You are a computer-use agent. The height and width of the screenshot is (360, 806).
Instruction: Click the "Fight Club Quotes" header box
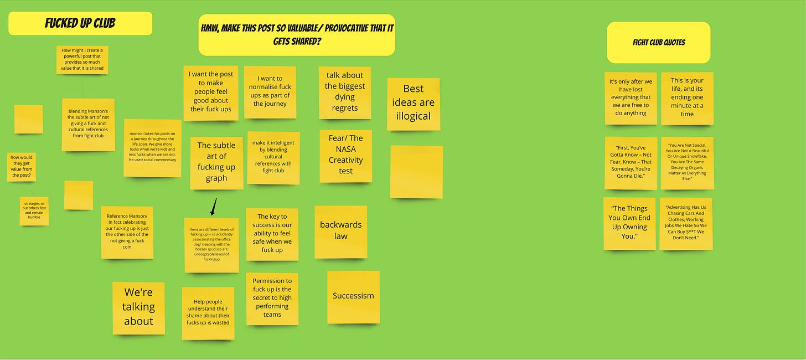point(658,42)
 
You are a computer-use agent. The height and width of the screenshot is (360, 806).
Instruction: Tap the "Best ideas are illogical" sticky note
point(414,104)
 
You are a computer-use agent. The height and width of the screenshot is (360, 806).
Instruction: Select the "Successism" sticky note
point(353,296)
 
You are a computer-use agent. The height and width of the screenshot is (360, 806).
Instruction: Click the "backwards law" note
point(340,232)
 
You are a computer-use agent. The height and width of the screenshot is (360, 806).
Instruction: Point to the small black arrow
point(214,207)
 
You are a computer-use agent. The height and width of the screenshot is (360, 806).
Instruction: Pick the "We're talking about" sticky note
point(138,307)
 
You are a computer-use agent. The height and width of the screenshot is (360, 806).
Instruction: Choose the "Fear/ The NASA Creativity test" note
point(345,156)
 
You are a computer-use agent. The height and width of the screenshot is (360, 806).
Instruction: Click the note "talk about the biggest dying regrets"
point(345,92)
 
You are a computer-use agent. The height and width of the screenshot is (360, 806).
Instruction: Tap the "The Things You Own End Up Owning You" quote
point(629,223)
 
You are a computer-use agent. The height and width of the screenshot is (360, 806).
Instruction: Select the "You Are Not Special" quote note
point(687,163)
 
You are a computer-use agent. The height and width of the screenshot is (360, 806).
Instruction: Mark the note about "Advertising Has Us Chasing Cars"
point(685,223)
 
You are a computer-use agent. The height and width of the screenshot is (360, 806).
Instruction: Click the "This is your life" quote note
point(687,98)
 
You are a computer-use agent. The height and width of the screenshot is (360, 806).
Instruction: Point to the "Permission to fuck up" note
point(272,298)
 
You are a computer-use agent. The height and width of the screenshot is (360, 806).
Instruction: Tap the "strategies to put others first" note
point(34,210)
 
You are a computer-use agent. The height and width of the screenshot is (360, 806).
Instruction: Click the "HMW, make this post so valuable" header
point(297,35)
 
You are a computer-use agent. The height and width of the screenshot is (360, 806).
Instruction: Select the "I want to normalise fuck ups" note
point(270,92)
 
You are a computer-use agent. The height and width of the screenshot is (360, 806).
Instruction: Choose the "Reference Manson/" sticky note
point(127,232)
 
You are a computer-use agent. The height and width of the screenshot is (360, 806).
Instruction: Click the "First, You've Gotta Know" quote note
point(631,163)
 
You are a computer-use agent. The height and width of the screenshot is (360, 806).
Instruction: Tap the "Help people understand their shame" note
point(208,313)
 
